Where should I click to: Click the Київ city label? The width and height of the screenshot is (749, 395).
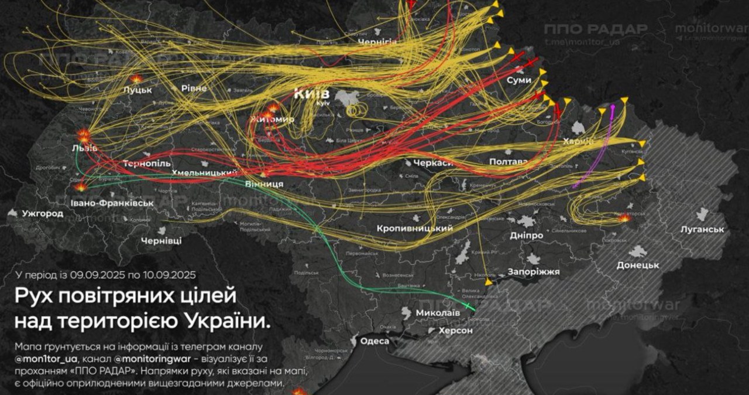coord(312,93)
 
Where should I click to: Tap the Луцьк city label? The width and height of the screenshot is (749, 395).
coord(138,90)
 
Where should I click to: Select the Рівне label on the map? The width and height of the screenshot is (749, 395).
coord(193,88)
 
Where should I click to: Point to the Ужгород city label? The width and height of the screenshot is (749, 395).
coord(43,213)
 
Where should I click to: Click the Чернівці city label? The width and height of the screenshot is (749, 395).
coord(162,240)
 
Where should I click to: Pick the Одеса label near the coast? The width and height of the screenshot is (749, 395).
coord(375,341)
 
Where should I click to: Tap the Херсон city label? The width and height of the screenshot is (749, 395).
coord(456,331)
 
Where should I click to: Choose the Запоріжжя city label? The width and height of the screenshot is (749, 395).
coord(534,271)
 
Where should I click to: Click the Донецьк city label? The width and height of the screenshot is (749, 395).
coord(638,265)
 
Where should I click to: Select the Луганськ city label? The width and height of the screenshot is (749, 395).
coord(703,229)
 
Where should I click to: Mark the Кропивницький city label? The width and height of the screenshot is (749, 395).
coord(415,227)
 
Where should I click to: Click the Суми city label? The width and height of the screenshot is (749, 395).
coord(519,80)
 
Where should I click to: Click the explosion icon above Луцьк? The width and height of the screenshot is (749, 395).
coord(136,78)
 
